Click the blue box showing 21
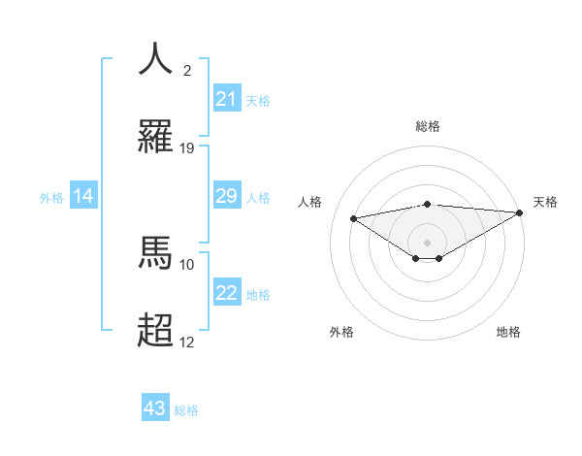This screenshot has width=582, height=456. (x=226, y=98)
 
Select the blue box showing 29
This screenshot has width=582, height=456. (x=226, y=196)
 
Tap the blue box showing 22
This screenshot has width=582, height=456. (x=226, y=293)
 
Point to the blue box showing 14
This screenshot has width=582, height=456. (x=83, y=196)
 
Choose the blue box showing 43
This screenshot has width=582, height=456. (x=155, y=408)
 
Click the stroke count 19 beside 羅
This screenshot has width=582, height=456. (x=187, y=147)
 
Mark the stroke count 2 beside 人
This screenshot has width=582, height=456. (x=187, y=70)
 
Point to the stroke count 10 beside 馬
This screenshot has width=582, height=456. (x=187, y=264)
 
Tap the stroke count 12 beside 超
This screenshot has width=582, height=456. (x=187, y=342)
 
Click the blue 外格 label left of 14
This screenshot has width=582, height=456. (x=51, y=197)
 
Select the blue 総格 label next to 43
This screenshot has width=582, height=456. (x=186, y=410)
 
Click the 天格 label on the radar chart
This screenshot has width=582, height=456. (x=545, y=202)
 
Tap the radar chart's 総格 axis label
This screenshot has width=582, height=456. (x=427, y=126)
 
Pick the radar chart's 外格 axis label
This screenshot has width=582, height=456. (x=341, y=332)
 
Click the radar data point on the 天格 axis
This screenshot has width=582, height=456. (x=521, y=212)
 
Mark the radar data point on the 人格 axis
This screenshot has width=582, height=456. (x=353, y=217)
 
